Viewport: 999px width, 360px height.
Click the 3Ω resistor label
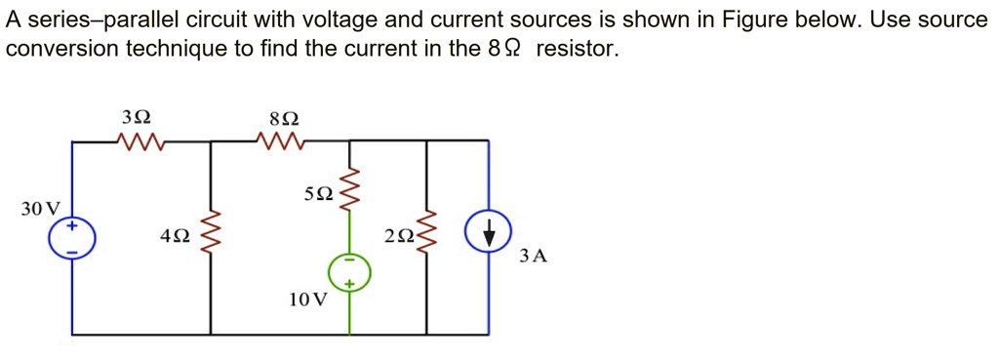pos(137,117)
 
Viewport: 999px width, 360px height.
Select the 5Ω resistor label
pos(318,194)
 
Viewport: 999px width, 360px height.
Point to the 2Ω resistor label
pos(399,236)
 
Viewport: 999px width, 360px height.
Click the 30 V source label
pos(40,209)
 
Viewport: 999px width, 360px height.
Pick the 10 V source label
pos(307,300)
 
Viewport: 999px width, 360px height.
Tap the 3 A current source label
pos(534,257)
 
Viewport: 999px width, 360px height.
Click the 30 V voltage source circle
pos(72,238)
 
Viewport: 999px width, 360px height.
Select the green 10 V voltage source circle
pos(349,272)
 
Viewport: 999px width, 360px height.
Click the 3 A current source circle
pos(488,232)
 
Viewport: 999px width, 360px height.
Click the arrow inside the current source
pos(488,233)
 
